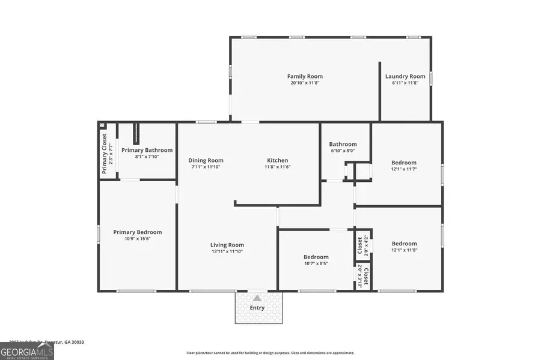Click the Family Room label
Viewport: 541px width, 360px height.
[305, 76]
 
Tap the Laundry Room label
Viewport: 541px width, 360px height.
[405, 76]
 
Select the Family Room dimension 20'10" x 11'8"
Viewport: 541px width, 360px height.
[305, 83]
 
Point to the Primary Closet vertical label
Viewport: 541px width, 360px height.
[104, 154]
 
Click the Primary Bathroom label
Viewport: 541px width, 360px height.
[147, 150]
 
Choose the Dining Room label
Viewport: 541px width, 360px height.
[206, 160]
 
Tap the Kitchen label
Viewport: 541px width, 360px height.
[278, 160]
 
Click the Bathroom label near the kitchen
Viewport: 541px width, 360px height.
[343, 144]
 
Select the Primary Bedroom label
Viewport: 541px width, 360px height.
[138, 232]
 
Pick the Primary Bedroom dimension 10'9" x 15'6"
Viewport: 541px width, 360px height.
[138, 239]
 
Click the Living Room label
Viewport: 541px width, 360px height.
[227, 245]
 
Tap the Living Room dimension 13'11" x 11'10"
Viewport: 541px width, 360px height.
[227, 251]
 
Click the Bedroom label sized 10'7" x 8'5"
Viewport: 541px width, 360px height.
[316, 257]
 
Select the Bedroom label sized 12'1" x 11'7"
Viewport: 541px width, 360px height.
[404, 163]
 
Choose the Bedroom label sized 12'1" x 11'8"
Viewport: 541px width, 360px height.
[404, 244]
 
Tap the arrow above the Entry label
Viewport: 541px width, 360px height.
[257, 298]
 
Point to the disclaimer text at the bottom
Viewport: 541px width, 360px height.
[270, 353]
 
